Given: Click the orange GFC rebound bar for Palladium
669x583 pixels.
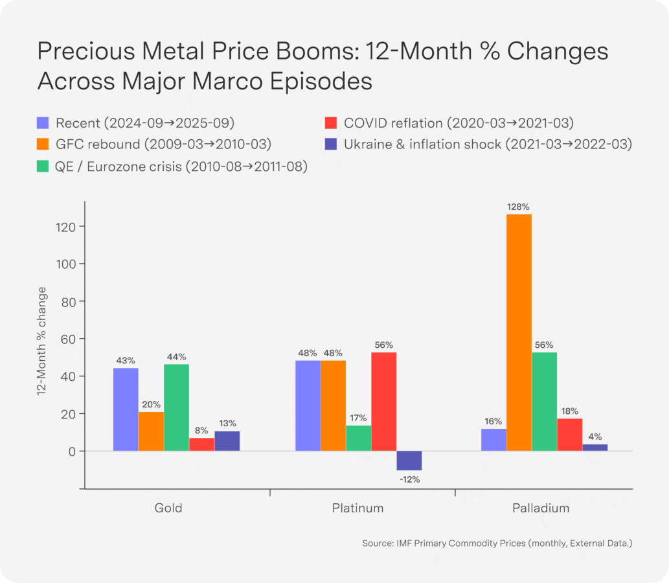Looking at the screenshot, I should click(x=519, y=332).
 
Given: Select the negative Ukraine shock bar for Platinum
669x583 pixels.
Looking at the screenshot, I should click(x=409, y=461).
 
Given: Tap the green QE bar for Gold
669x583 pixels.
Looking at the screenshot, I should click(x=176, y=407).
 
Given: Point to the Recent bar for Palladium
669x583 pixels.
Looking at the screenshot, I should click(x=493, y=440).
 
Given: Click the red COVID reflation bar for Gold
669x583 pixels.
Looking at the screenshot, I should click(x=201, y=444).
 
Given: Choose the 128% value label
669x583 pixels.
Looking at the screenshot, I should click(x=519, y=207).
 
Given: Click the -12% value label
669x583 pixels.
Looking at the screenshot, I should click(x=409, y=479).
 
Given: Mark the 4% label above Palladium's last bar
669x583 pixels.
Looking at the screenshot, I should click(x=595, y=437).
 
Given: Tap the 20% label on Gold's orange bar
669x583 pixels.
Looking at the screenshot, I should click(x=151, y=404).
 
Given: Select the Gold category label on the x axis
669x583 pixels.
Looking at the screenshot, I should click(x=168, y=508).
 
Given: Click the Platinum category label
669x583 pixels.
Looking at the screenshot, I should click(x=358, y=508).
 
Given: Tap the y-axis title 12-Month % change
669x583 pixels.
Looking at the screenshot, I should click(x=41, y=340).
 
